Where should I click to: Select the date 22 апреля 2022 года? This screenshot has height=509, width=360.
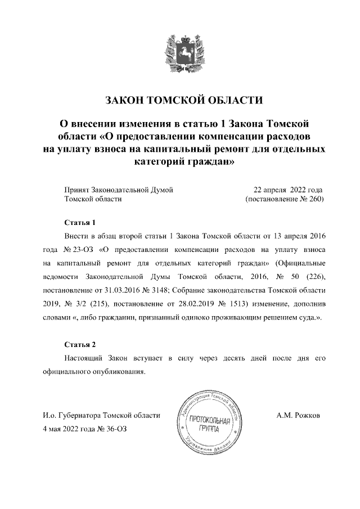pyautogui.click(x=288, y=190)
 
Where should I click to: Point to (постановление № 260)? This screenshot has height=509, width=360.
pyautogui.click(x=285, y=199)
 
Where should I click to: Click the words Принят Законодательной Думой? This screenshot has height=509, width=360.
pyautogui.click(x=119, y=190)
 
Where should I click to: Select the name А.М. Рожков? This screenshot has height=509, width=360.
pyautogui.click(x=298, y=416)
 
